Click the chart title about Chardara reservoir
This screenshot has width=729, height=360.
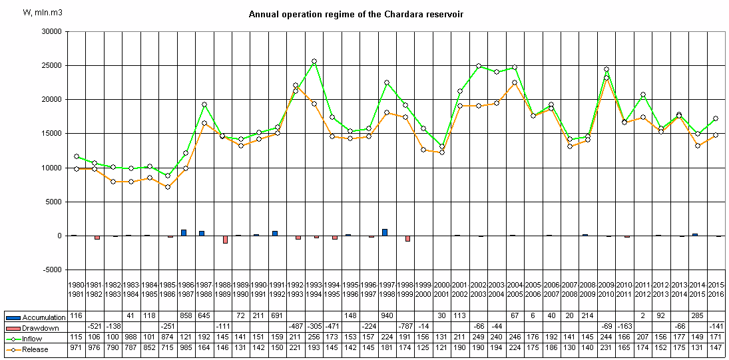tap(356, 14)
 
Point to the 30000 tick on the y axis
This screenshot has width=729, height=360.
tap(51, 31)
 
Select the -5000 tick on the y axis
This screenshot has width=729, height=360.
tap(51, 270)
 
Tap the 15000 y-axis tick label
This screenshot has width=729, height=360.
tap(51, 134)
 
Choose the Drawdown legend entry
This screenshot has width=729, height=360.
tap(41, 328)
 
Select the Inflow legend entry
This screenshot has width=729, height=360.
tap(37, 339)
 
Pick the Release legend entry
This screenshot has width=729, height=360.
tap(38, 349)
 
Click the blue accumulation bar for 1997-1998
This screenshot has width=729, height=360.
tap(385, 232)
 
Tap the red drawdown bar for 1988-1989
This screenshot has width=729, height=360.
tap(225, 240)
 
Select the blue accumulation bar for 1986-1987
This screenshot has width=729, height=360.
tap(184, 233)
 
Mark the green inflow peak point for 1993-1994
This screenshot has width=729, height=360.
tap(314, 61)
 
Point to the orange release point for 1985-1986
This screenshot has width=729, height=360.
tap(168, 187)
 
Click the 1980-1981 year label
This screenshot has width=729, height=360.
tap(77, 290)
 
